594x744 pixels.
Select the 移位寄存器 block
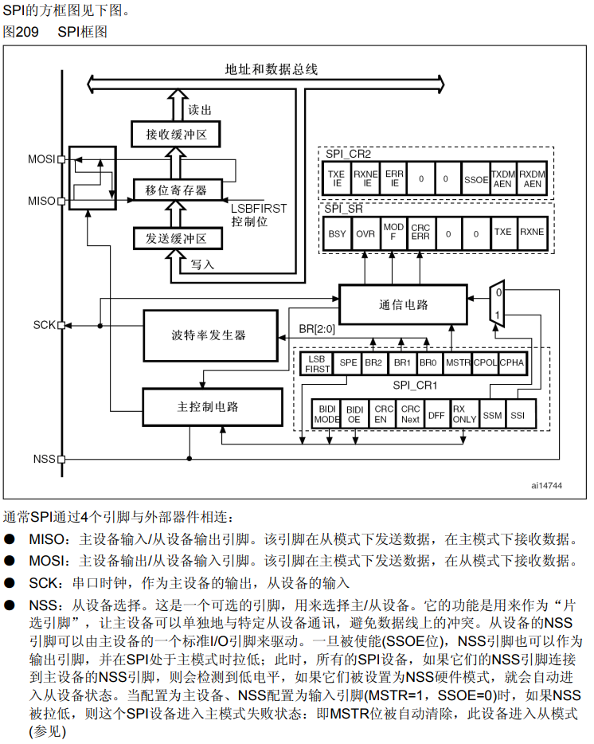coord(176,190)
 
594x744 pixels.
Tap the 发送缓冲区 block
coord(176,238)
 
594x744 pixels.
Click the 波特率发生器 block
coord(209,335)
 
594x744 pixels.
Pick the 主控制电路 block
coord(212,407)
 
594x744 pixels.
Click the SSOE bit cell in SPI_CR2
coord(475,179)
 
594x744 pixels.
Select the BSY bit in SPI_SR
coord(337,233)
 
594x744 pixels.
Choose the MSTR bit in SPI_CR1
coord(458,362)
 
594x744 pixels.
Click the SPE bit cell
coord(348,362)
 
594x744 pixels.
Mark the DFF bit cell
coord(436,414)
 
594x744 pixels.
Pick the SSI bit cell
coord(518,414)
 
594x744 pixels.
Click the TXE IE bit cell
coord(337,179)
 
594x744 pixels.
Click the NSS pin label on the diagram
coord(44,459)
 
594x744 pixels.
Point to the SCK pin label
coord(44,325)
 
